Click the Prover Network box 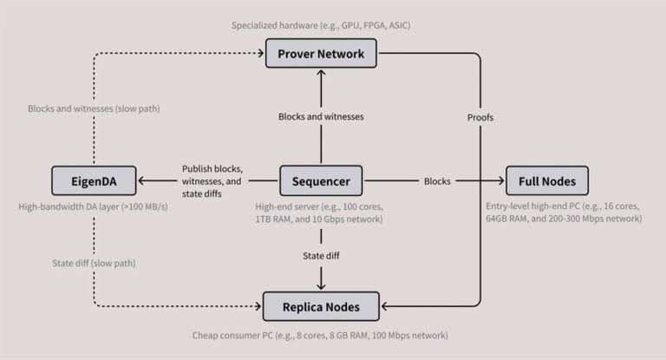(x=321, y=55)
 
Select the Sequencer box (x=321, y=181)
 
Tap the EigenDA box (x=95, y=181)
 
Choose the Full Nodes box (x=547, y=181)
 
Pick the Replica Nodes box (x=321, y=306)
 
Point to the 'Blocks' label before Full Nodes (x=437, y=181)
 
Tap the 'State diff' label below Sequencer (x=321, y=256)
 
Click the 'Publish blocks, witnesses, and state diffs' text (x=212, y=181)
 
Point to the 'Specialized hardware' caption (x=321, y=25)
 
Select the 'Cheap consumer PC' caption (x=321, y=335)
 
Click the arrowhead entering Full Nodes (x=500, y=181)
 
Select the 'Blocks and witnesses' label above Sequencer (x=321, y=116)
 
